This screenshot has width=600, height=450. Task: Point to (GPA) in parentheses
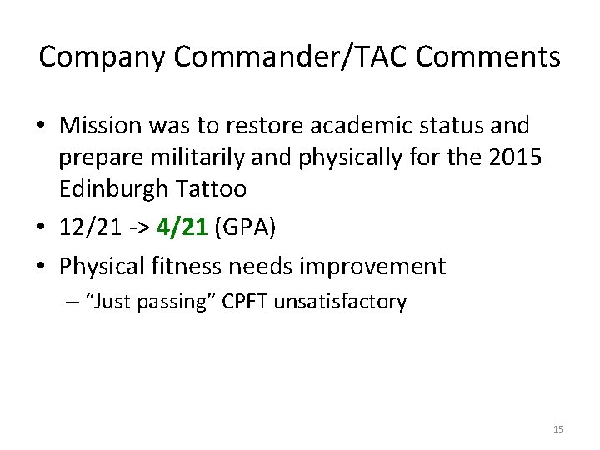243,227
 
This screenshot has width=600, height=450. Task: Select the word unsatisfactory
342,302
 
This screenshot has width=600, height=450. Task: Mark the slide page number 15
558,429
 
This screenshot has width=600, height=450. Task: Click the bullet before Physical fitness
46,267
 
